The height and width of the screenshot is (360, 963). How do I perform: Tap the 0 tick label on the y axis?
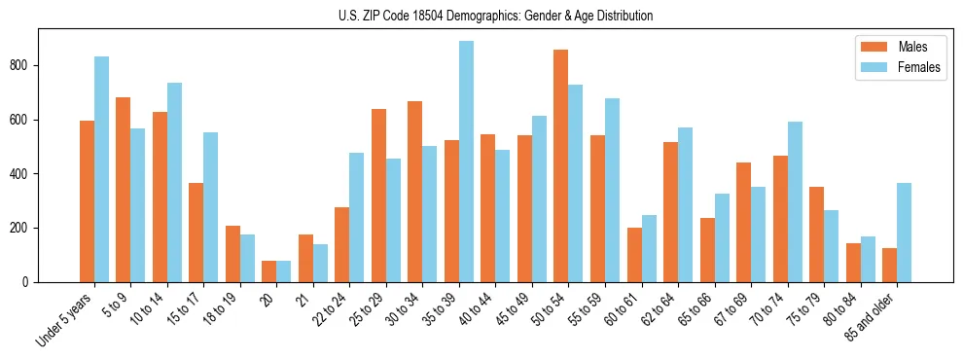(29, 282)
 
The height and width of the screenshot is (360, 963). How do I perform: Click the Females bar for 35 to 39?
(467, 162)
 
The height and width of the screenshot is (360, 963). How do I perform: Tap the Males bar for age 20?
(269, 271)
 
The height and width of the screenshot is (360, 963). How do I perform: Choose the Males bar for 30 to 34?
(415, 192)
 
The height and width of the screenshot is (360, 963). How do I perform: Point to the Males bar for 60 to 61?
(634, 255)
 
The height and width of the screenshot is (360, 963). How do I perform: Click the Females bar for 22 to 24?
(357, 217)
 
